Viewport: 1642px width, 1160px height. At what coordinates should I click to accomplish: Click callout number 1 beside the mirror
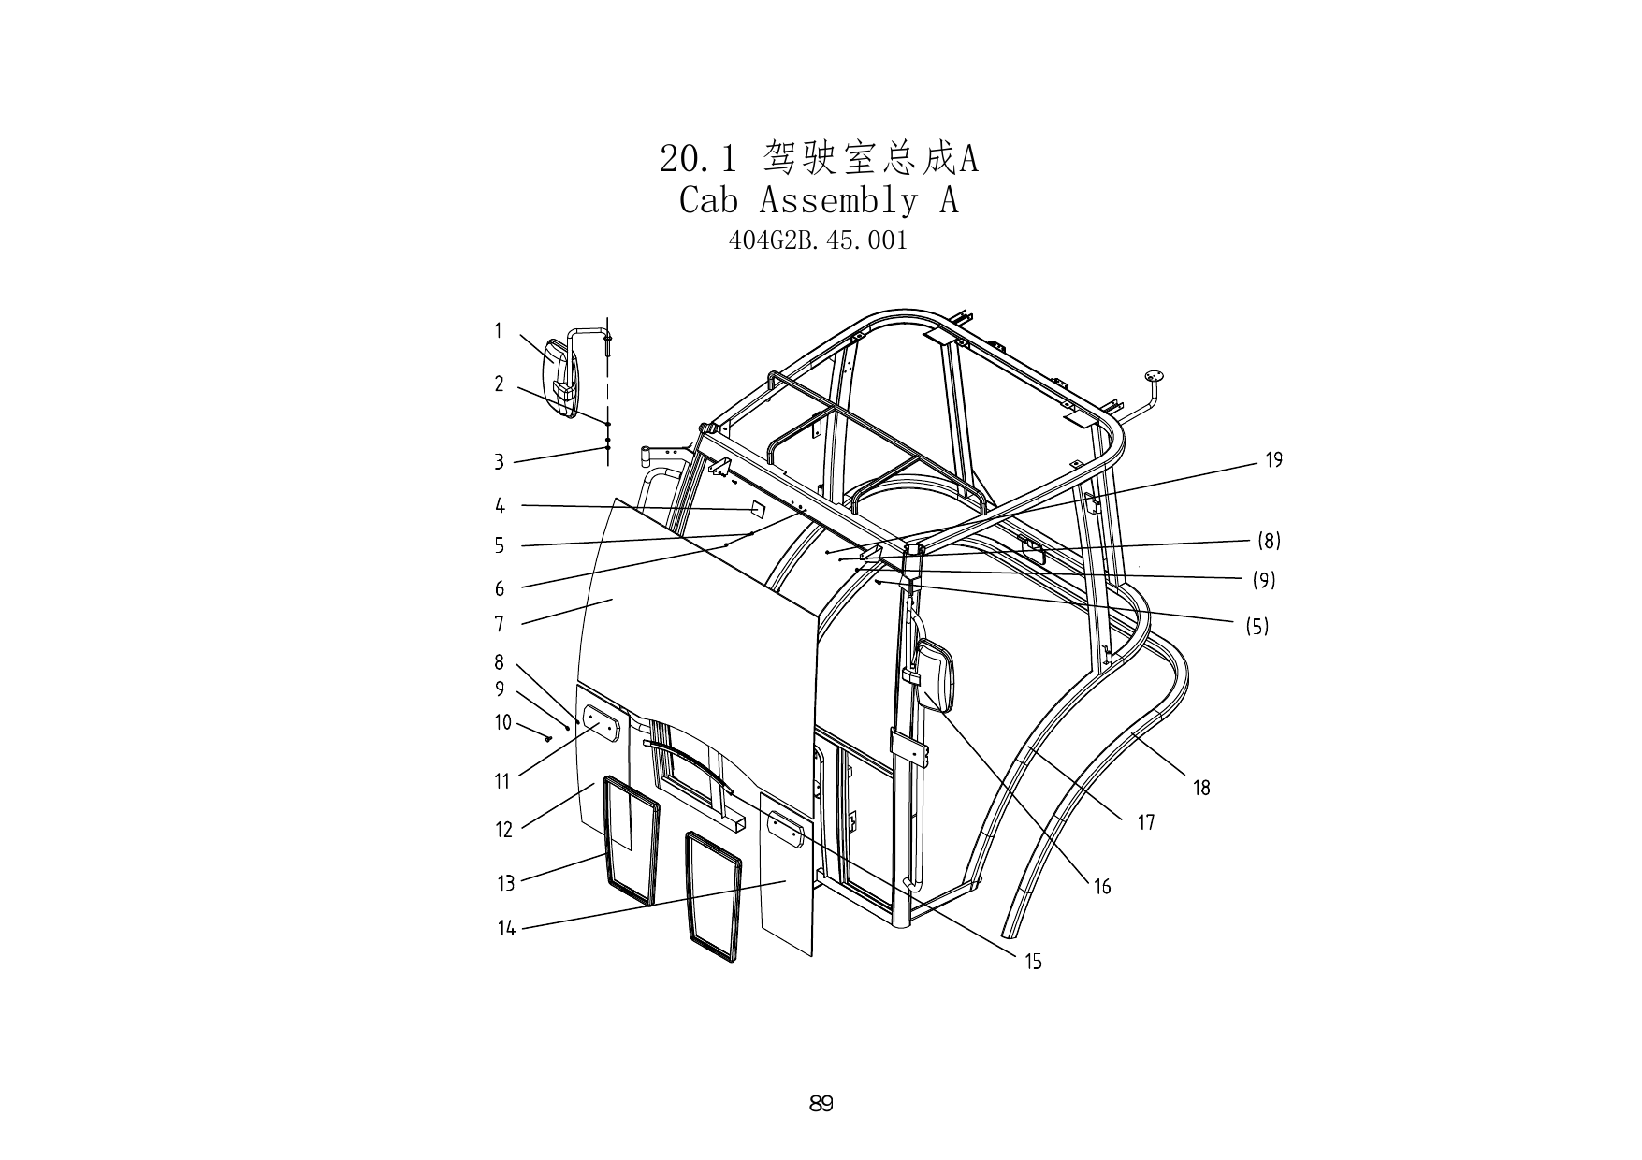click(x=499, y=330)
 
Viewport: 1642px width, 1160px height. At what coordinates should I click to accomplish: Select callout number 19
click(x=1273, y=460)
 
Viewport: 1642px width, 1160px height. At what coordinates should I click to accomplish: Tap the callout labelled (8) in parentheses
click(x=1269, y=541)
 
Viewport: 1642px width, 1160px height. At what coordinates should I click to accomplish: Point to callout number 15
click(x=1033, y=962)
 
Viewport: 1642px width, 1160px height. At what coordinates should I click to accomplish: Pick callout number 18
click(x=1201, y=789)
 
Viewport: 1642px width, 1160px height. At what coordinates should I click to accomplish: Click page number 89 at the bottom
click(x=821, y=1104)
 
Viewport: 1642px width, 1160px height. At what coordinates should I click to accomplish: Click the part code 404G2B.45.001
click(x=818, y=240)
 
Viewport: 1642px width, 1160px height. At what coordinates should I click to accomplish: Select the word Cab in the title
click(x=708, y=200)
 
